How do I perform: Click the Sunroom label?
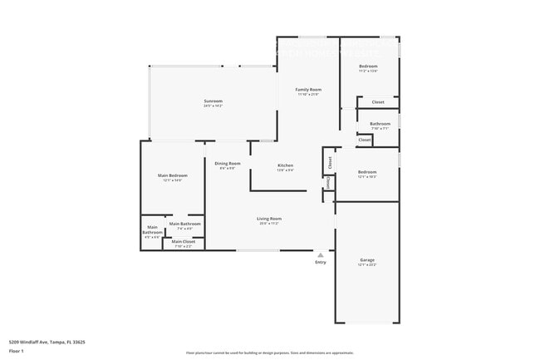(214, 101)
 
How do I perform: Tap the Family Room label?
(308, 89)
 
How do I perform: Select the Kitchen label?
(285, 165)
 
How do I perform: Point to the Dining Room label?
(227, 163)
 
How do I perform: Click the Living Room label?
(268, 218)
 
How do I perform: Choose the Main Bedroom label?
(173, 175)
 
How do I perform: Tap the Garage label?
(367, 259)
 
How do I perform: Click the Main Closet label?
(184, 241)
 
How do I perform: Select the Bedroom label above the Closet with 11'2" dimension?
(368, 66)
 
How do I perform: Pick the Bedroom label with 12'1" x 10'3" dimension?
(367, 171)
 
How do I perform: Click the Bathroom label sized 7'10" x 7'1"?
(380, 124)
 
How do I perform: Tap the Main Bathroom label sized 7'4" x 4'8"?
(185, 224)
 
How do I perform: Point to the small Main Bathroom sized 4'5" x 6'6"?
(153, 230)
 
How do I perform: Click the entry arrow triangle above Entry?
(320, 254)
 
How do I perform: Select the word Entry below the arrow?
(320, 263)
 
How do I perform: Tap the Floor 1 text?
(17, 351)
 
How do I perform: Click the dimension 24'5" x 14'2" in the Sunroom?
(214, 106)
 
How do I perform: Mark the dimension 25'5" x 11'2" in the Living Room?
(268, 223)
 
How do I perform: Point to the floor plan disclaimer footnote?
(269, 353)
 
